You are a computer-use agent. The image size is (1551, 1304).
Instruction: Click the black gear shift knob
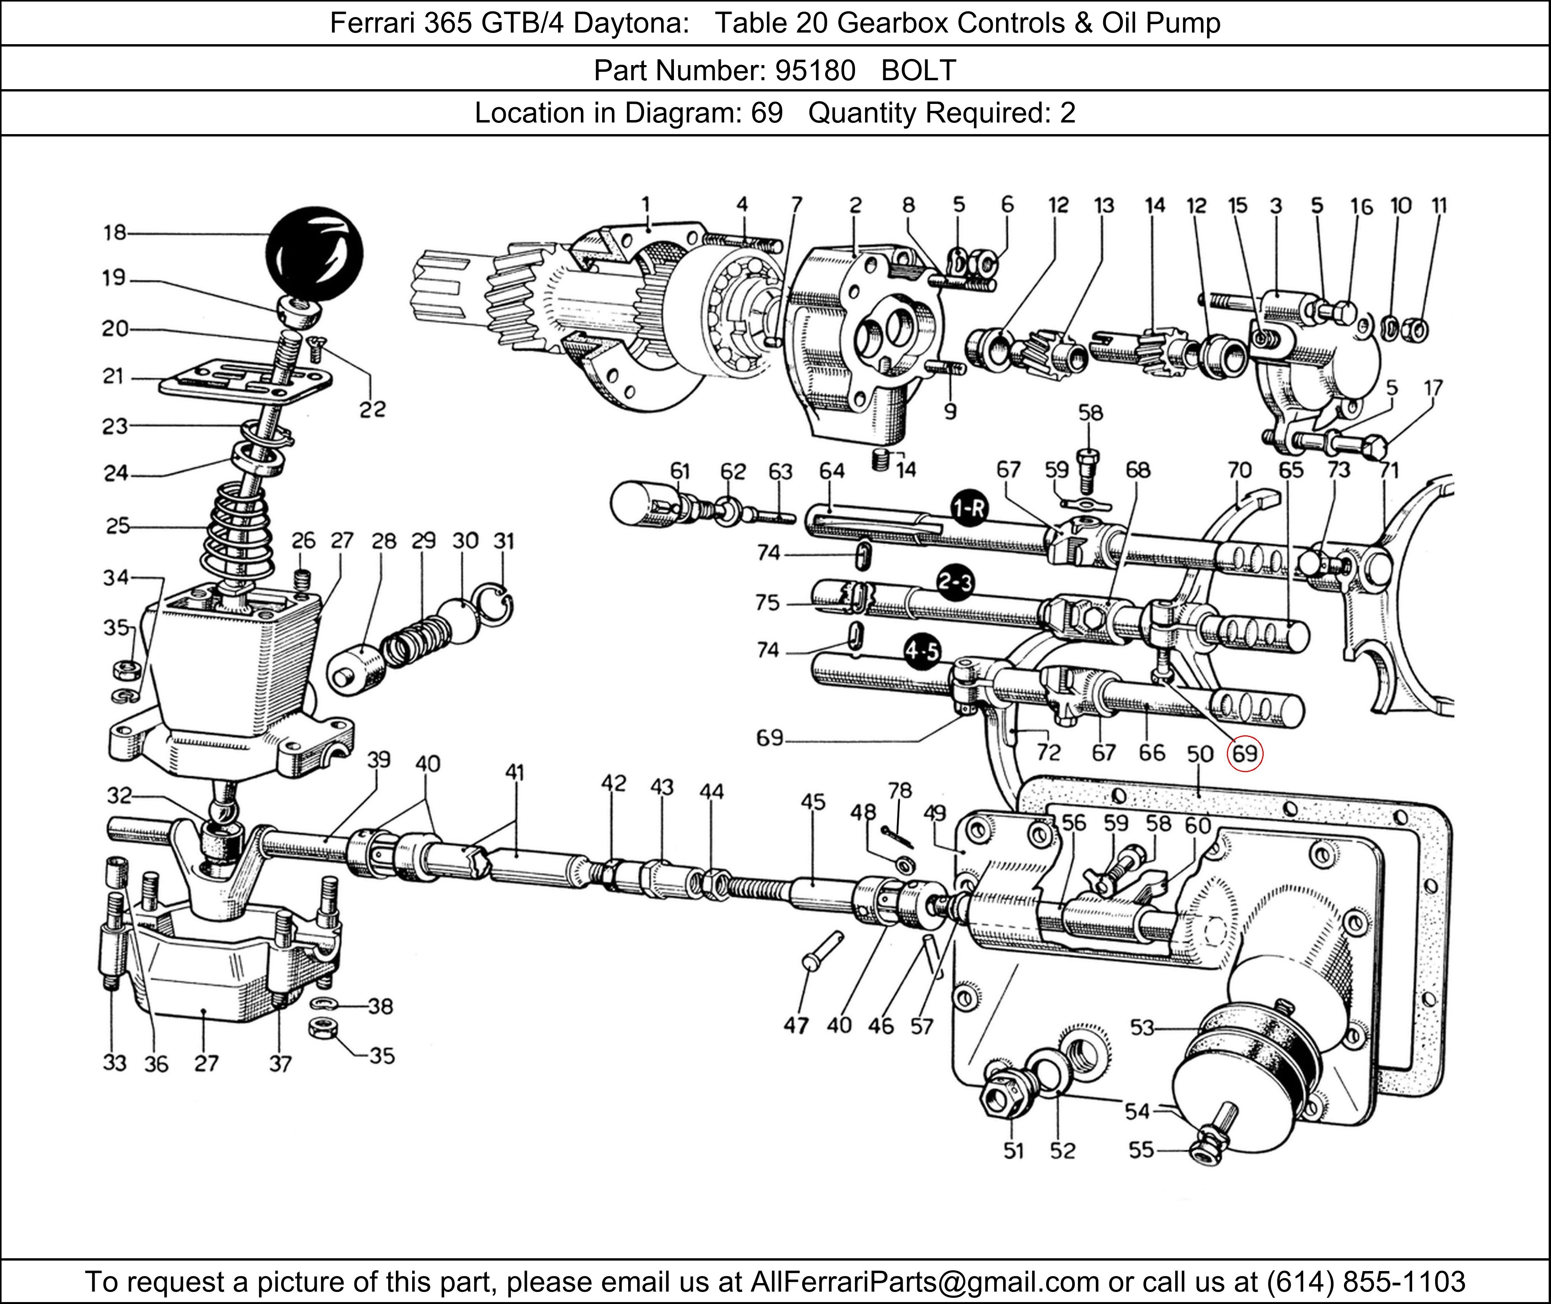315,254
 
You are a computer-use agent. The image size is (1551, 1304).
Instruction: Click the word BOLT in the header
919,70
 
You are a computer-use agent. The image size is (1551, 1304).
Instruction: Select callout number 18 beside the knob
115,233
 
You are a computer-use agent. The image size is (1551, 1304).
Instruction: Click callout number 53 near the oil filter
1142,1028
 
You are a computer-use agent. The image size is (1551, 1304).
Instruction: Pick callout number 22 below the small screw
373,409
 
